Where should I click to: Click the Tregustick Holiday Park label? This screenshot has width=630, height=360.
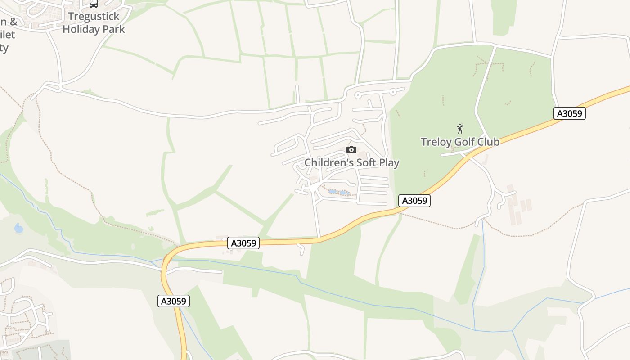[94, 23]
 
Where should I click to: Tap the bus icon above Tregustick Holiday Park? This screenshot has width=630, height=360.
[94, 4]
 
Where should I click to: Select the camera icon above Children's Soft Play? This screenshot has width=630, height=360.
[351, 149]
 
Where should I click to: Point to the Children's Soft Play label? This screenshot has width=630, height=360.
[352, 162]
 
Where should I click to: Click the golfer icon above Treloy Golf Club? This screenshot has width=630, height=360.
[460, 129]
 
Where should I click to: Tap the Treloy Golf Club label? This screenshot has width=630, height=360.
[460, 142]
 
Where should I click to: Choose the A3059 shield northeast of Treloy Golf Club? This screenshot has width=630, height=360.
[569, 113]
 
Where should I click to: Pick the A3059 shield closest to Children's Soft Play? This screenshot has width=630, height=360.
[414, 201]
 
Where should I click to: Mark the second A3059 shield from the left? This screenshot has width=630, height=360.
[243, 243]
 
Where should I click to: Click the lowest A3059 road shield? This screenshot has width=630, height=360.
[174, 301]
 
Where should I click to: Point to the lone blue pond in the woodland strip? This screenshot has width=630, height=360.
[19, 228]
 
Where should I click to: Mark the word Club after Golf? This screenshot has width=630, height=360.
[488, 142]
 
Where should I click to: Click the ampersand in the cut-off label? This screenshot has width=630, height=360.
[13, 22]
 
